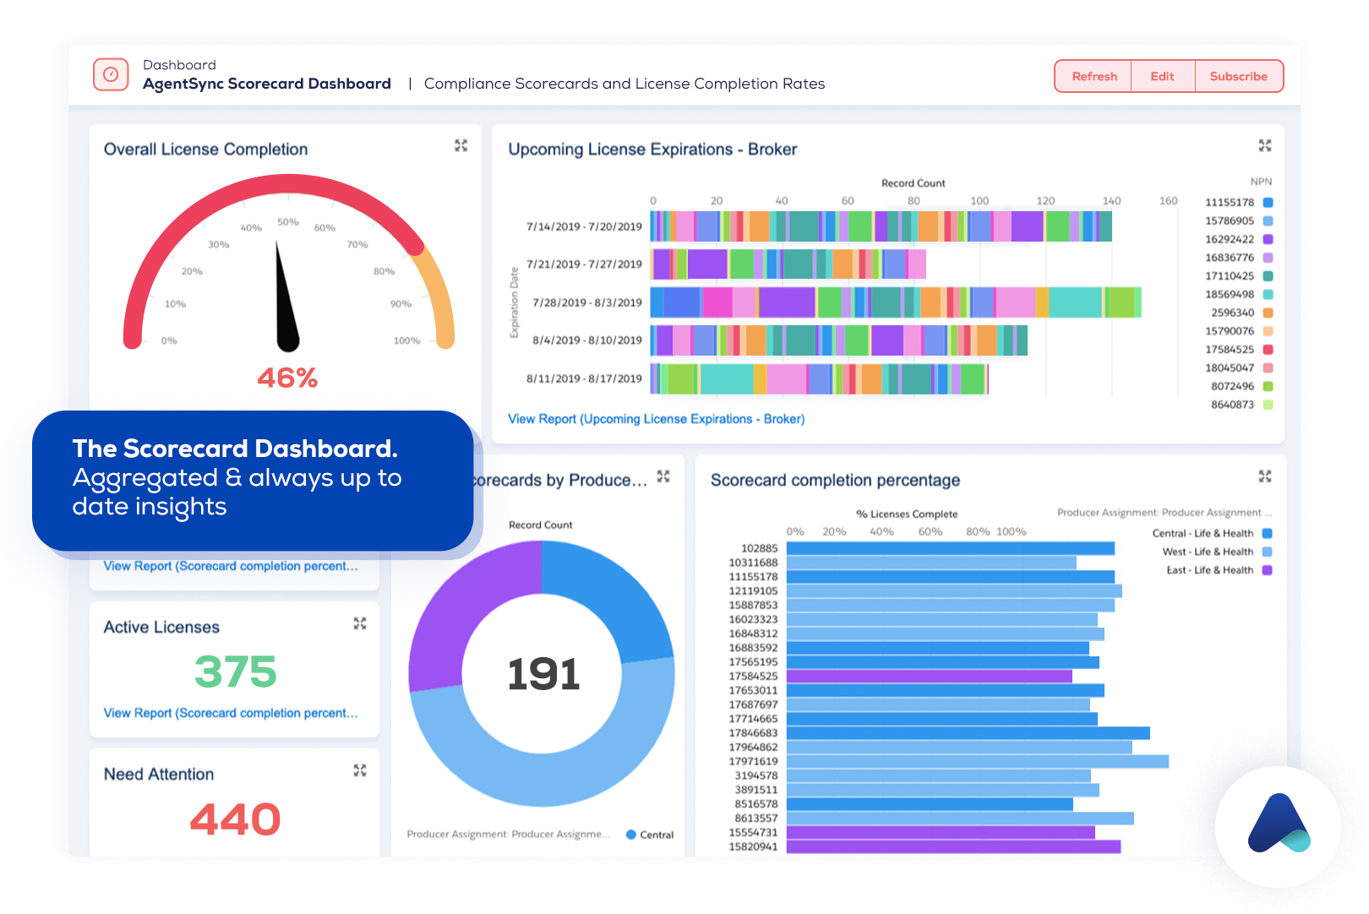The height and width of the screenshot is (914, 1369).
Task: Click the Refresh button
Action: click(1094, 76)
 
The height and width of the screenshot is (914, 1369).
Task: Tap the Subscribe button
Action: click(1238, 76)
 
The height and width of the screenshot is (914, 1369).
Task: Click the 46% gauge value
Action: click(287, 378)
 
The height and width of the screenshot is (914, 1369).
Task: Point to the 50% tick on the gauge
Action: click(287, 222)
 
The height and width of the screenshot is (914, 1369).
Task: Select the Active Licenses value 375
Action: click(235, 672)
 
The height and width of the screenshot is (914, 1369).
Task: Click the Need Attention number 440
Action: click(235, 819)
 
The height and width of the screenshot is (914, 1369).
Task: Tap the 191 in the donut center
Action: click(543, 674)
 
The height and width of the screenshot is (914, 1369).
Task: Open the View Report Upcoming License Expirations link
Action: click(656, 419)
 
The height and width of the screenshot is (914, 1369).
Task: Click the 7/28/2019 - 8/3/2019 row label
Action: click(586, 302)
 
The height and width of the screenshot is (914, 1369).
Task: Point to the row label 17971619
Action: click(753, 761)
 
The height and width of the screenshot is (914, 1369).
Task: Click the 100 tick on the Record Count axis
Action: click(979, 201)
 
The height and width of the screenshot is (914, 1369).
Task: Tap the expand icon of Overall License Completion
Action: click(461, 145)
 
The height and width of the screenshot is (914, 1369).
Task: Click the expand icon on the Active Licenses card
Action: click(360, 623)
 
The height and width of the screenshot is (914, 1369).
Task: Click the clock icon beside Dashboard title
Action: click(111, 74)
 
